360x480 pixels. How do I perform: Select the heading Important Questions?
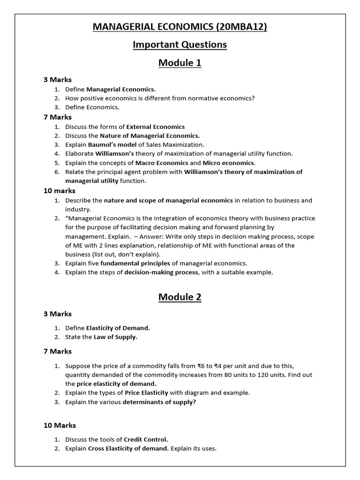180,45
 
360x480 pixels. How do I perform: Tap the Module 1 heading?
180,63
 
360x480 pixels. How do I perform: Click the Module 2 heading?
180,297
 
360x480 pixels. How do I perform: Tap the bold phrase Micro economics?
229,163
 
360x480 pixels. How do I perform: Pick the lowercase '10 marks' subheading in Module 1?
60,191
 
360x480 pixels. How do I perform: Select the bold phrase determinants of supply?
159,402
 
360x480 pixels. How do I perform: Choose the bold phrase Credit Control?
146,439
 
